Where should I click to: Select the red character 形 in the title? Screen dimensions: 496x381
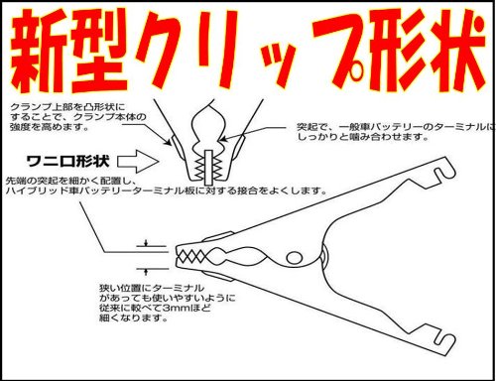coord(393,51)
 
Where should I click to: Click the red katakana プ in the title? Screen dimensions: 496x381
coord(337,50)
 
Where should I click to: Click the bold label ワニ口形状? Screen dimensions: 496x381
coord(67,161)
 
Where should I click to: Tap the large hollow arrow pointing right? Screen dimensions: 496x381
coord(138,161)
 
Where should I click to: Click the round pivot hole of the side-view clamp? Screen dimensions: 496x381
coord(294,257)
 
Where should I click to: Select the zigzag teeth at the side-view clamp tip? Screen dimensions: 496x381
coord(190,256)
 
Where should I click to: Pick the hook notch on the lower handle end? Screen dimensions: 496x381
coord(444,340)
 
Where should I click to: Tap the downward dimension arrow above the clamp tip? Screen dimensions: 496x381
coord(146,243)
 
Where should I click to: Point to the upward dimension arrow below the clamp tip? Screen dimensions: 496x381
coord(146,272)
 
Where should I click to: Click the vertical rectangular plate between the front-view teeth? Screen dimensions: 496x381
coord(208,167)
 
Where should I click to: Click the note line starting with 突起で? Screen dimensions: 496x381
coord(396,127)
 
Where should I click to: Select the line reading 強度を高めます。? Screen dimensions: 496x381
coord(50,127)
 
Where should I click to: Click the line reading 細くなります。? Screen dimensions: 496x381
coord(133,317)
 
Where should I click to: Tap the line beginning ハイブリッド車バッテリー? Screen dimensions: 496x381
coord(167,190)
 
